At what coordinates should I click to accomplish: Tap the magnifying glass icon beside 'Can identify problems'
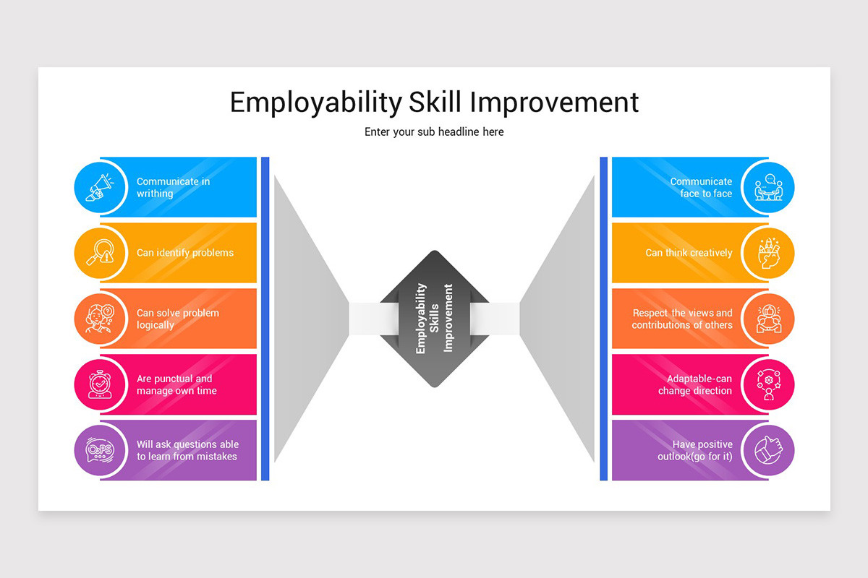[x=100, y=253]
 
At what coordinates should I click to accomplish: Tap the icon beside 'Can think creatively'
[x=768, y=253]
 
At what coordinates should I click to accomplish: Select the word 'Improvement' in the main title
[x=554, y=103]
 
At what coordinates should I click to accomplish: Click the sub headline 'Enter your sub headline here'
[x=434, y=132]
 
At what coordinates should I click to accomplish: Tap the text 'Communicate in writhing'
[x=173, y=188]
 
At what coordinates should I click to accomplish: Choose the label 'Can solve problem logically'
[x=177, y=319]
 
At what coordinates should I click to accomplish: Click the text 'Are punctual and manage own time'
[x=176, y=385]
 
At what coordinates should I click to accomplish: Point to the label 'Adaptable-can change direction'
[x=695, y=385]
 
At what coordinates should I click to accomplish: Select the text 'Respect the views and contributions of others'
[x=682, y=319]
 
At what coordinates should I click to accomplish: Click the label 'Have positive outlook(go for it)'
[x=695, y=451]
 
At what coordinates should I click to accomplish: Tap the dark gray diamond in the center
[x=434, y=319]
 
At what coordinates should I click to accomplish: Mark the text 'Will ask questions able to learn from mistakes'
[x=187, y=451]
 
